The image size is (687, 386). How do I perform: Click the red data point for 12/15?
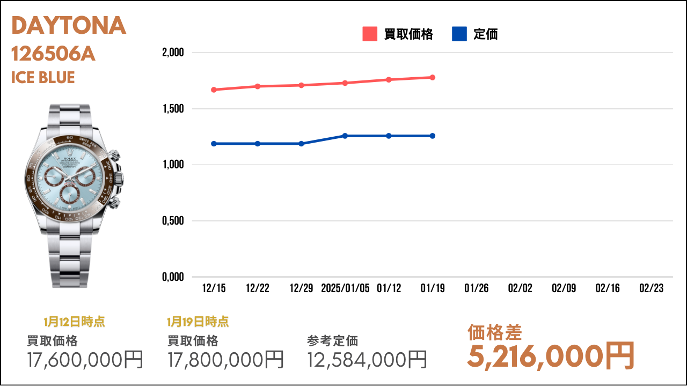pyautogui.click(x=214, y=90)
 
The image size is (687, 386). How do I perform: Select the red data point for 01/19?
pyautogui.click(x=433, y=78)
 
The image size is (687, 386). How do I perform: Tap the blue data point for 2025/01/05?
pyautogui.click(x=345, y=136)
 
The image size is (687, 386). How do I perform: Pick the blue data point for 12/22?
pyautogui.click(x=258, y=144)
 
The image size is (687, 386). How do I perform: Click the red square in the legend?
pyautogui.click(x=370, y=34)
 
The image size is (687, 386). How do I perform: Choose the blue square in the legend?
pyautogui.click(x=459, y=34)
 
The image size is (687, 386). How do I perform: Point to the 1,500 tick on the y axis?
pyautogui.click(x=173, y=109)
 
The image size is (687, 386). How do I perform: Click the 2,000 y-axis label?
pyautogui.click(x=173, y=53)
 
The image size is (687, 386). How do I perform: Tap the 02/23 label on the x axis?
pyautogui.click(x=652, y=288)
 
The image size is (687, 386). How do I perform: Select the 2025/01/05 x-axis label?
pyautogui.click(x=345, y=288)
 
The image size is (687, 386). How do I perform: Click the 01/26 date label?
pyautogui.click(x=476, y=288)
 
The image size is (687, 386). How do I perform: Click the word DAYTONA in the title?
pyautogui.click(x=69, y=25)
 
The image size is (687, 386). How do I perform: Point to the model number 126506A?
pyautogui.click(x=53, y=54)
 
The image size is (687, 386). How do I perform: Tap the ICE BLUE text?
pyautogui.click(x=43, y=77)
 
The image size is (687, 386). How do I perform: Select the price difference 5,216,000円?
pyautogui.click(x=551, y=357)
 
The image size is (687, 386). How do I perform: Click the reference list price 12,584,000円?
pyautogui.click(x=367, y=360)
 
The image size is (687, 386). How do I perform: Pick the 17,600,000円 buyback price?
pyautogui.click(x=85, y=360)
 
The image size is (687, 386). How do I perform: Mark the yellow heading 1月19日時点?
pyautogui.click(x=198, y=322)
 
